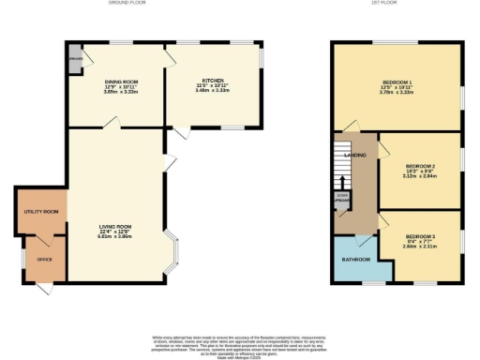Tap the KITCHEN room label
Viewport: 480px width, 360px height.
tap(212, 81)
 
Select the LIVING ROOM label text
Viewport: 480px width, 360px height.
tap(116, 226)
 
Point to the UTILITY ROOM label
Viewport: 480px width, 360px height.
tap(41, 213)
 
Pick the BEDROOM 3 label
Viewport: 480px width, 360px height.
tap(419, 236)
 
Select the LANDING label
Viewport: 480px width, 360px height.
tap(355, 155)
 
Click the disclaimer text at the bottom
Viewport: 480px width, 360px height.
tap(240, 343)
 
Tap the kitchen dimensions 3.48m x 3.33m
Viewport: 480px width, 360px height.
tap(212, 91)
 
